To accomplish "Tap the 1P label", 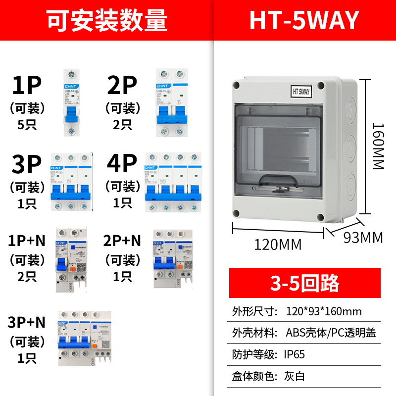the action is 27,86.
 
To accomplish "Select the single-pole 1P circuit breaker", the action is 71,102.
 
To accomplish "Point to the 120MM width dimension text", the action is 278,244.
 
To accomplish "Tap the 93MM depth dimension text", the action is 363,238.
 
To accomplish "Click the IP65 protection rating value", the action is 296,354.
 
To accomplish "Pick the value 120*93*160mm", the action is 324,311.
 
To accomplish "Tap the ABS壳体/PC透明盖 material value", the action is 331,333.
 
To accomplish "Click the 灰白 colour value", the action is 296,376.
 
